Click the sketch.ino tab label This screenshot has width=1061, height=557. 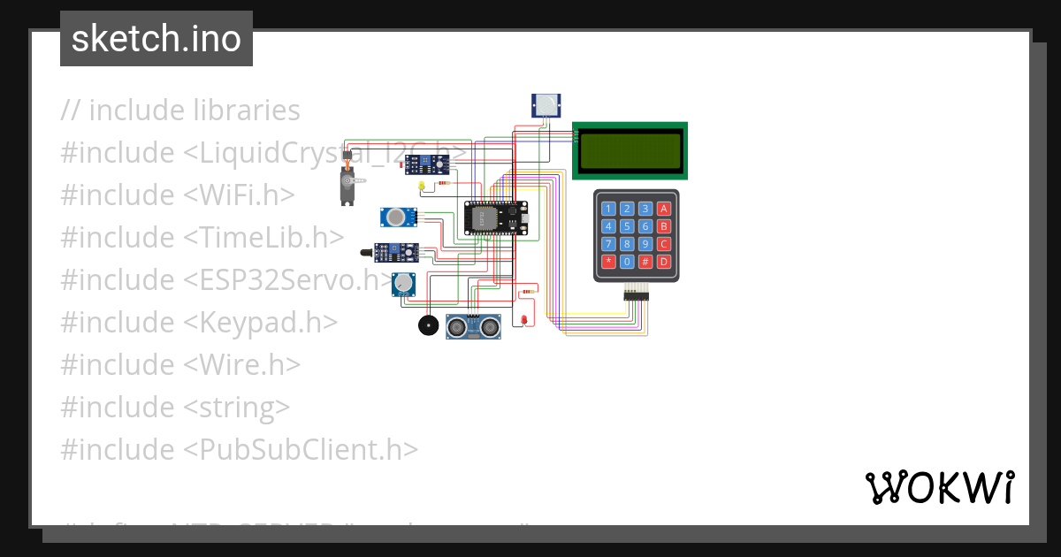156,39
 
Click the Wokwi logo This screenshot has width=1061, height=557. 939,487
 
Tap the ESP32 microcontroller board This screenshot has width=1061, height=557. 495,218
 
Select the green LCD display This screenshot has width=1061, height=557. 630,150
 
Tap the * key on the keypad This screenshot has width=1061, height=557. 608,262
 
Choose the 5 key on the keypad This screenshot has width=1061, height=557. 627,226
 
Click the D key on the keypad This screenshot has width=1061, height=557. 664,262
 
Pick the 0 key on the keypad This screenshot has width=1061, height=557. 627,262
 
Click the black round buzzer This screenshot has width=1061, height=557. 428,325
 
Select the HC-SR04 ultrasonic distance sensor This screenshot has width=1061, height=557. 473,327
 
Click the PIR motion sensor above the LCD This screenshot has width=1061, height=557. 546,105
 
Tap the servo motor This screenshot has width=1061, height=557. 347,182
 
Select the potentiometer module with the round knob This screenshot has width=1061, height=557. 403,284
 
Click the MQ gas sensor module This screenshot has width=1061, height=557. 399,217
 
